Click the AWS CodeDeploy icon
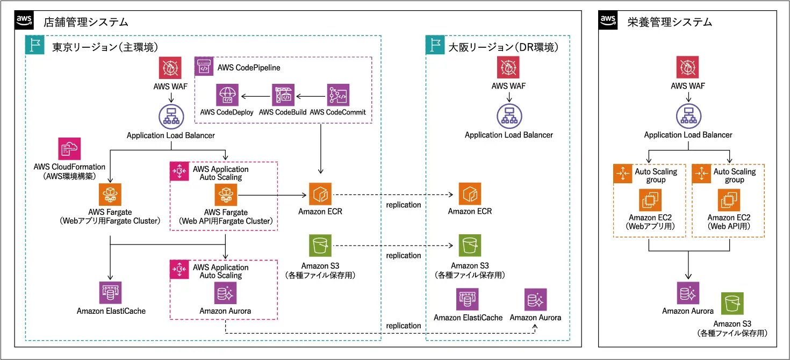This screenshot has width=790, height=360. pyautogui.click(x=227, y=95)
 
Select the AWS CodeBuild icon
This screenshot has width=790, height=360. pyautogui.click(x=282, y=95)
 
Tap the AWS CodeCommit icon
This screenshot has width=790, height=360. pyautogui.click(x=338, y=95)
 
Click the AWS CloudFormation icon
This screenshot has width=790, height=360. pyautogui.click(x=70, y=149)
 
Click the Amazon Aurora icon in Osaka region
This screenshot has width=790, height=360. pyautogui.click(x=535, y=300)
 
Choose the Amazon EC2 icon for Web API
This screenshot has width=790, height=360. pyautogui.click(x=729, y=200)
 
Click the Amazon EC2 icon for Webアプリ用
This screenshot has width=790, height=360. pyautogui.click(x=650, y=200)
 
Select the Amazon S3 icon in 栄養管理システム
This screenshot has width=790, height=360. pyautogui.click(x=732, y=304)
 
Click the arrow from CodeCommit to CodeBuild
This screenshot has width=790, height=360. pyautogui.click(x=310, y=97)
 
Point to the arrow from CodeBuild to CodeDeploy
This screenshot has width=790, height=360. pyautogui.click(x=255, y=97)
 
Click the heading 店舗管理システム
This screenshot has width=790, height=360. pyautogui.click(x=85, y=22)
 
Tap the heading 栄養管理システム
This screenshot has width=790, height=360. pyautogui.click(x=669, y=22)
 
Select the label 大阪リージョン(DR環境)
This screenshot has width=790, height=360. pyautogui.click(x=503, y=47)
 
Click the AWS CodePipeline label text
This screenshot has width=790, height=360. pyautogui.click(x=249, y=68)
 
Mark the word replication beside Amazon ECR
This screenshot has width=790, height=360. pyautogui.click(x=404, y=205)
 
